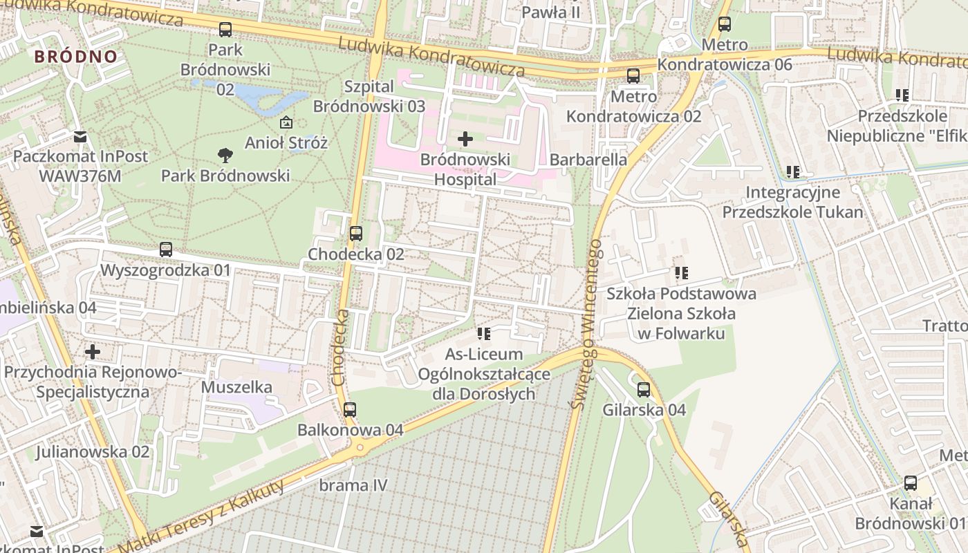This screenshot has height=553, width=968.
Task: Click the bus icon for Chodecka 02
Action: [x=356, y=234]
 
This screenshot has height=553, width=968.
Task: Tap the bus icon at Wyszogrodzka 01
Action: [x=166, y=250]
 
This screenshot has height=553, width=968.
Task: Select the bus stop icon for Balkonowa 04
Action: [x=350, y=409]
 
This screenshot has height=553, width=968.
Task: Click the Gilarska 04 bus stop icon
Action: [x=644, y=390]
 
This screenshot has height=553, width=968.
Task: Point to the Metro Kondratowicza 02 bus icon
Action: [x=633, y=76]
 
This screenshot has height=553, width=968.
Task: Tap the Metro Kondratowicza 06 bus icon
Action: [x=725, y=24]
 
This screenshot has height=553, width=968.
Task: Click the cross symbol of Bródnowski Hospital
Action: [x=465, y=139]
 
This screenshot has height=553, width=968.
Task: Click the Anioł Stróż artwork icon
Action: [x=286, y=123]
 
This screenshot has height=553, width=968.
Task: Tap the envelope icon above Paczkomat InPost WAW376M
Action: [x=80, y=136]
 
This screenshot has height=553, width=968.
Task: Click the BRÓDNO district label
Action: [x=76, y=57]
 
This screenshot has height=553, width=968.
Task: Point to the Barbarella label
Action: [x=588, y=160]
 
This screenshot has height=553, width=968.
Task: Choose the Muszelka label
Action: [x=236, y=387]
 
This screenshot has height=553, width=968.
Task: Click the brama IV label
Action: [x=353, y=485]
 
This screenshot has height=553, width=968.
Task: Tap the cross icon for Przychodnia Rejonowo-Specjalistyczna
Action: [x=93, y=352]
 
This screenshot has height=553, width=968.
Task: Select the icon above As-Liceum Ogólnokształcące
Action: [x=484, y=335]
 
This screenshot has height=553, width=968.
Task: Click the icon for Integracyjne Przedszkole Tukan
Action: [x=793, y=171]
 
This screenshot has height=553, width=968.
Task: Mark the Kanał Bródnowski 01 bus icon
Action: [x=911, y=483]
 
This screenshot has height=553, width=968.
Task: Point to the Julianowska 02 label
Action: [x=93, y=452]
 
